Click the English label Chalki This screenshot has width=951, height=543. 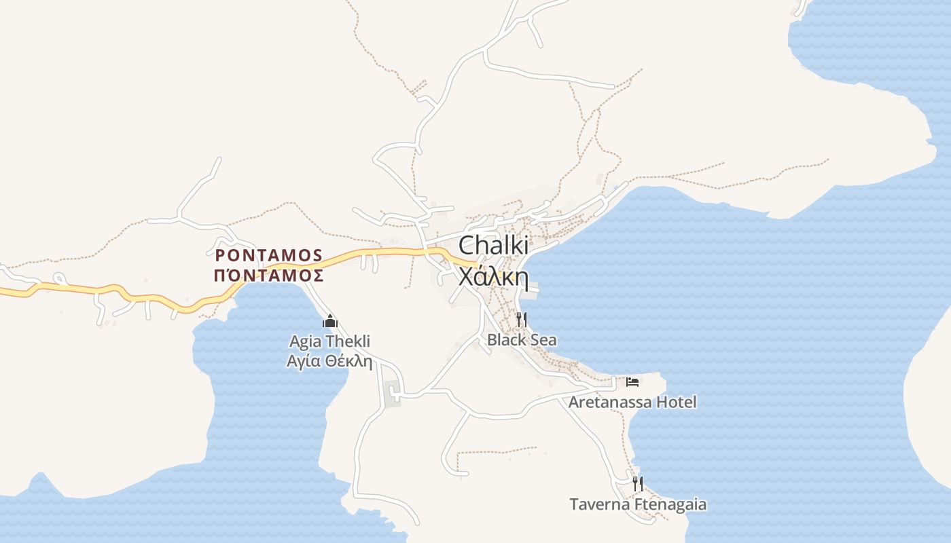pyautogui.click(x=494, y=246)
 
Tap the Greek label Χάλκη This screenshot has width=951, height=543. pyautogui.click(x=494, y=277)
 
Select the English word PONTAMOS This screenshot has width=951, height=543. pyautogui.click(x=269, y=255)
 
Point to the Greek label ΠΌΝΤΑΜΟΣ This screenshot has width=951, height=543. pyautogui.click(x=268, y=276)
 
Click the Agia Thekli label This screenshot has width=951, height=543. pyautogui.click(x=330, y=341)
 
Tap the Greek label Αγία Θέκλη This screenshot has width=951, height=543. pyautogui.click(x=330, y=361)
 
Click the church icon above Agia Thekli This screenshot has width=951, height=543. pyautogui.click(x=330, y=321)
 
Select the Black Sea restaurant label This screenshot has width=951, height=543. pyautogui.click(x=522, y=340)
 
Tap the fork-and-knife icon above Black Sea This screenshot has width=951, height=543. pyautogui.click(x=522, y=319)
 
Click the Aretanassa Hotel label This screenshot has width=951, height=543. pyautogui.click(x=632, y=402)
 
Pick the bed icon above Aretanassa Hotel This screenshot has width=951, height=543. pyautogui.click(x=632, y=381)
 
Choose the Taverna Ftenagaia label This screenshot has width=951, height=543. pyautogui.click(x=638, y=504)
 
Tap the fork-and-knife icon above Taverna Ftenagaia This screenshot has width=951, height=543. pyautogui.click(x=638, y=484)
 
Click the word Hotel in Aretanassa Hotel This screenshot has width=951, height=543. pyautogui.click(x=676, y=402)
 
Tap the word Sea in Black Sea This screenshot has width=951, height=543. pyautogui.click(x=543, y=340)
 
